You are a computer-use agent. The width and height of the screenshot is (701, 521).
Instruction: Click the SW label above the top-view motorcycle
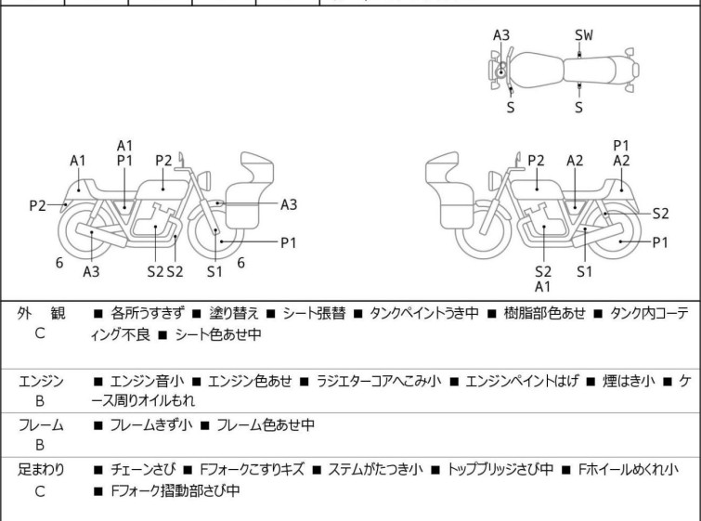583,34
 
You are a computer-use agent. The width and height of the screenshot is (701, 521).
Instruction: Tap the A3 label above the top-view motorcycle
501,34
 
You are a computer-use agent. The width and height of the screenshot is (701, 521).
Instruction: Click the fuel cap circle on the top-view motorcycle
501,71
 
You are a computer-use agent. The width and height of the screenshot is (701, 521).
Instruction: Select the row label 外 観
38,313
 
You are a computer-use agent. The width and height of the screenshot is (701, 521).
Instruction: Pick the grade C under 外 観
38,331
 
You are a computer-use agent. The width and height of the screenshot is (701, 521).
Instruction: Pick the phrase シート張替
303,313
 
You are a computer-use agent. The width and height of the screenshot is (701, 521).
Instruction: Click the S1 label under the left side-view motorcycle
214,270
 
